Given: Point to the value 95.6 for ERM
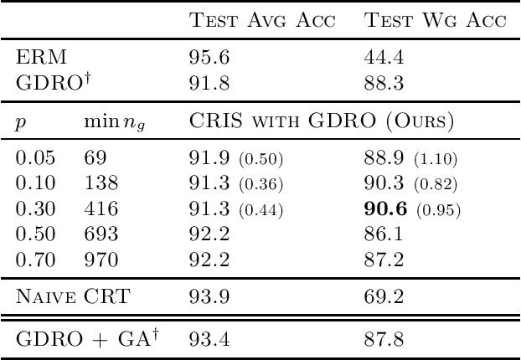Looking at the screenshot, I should pos(204,62).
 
